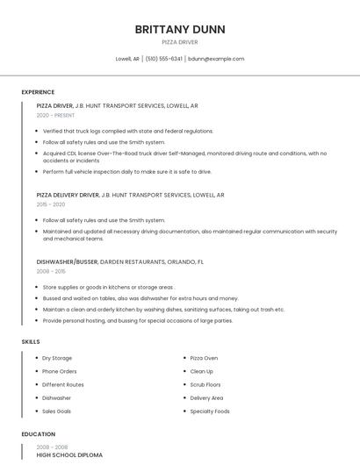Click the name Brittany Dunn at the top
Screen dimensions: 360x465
pyautogui.click(x=180, y=29)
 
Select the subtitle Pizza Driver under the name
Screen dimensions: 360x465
pyautogui.click(x=180, y=42)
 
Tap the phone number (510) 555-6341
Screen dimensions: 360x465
pyautogui.click(x=164, y=59)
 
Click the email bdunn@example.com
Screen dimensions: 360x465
pyautogui.click(x=216, y=59)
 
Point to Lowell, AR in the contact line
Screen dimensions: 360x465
pyautogui.click(x=127, y=59)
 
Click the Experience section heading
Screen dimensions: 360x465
pyautogui.click(x=38, y=92)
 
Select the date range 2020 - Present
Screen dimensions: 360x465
pyautogui.click(x=55, y=115)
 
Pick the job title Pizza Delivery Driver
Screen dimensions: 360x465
pyautogui.click(x=68, y=195)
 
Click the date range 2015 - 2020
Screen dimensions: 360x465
pyautogui.click(x=51, y=204)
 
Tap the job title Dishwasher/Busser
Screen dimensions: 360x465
pyautogui.click(x=67, y=261)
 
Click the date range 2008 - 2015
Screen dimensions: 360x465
pyautogui.click(x=51, y=271)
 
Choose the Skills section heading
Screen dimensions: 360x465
pyautogui.click(x=31, y=341)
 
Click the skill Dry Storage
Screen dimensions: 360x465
pyautogui.click(x=57, y=358)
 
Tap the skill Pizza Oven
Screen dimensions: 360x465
pyautogui.click(x=204, y=358)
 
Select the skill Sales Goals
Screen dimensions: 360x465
pyautogui.click(x=57, y=411)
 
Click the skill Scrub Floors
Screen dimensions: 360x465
pyautogui.click(x=205, y=384)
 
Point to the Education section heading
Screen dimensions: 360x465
pyautogui.click(x=38, y=434)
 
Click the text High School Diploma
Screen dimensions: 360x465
pyautogui.click(x=69, y=455)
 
